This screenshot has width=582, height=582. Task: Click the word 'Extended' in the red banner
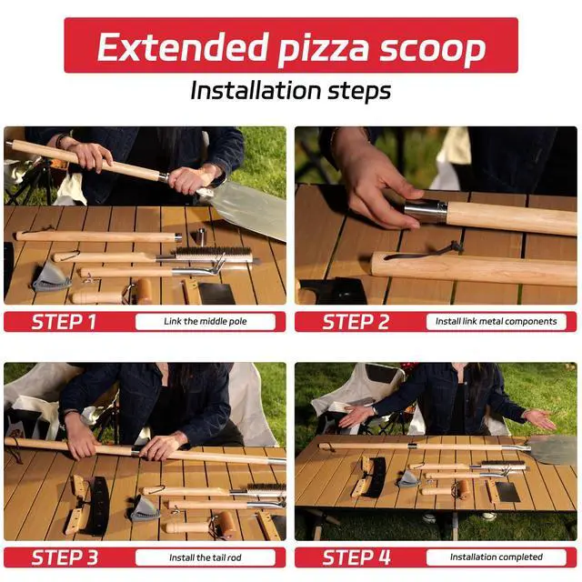[183, 46]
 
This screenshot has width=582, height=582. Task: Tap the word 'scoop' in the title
[433, 49]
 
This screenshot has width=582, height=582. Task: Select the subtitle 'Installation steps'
[291, 91]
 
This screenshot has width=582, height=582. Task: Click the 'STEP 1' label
[64, 322]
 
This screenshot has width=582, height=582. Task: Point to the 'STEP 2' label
[356, 322]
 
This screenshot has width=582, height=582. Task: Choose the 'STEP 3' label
[65, 557]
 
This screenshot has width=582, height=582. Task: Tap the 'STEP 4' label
[356, 557]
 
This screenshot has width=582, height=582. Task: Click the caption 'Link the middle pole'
[206, 321]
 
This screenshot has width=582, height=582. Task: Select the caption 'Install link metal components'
[497, 321]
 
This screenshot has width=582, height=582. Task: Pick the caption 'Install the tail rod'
[206, 557]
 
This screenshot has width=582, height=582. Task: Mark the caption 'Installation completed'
[497, 557]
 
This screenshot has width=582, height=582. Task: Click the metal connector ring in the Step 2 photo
[426, 212]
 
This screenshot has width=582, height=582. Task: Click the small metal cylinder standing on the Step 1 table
[200, 236]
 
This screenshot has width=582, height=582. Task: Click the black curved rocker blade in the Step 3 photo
[98, 506]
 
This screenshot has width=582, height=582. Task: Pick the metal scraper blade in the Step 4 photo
[507, 493]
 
